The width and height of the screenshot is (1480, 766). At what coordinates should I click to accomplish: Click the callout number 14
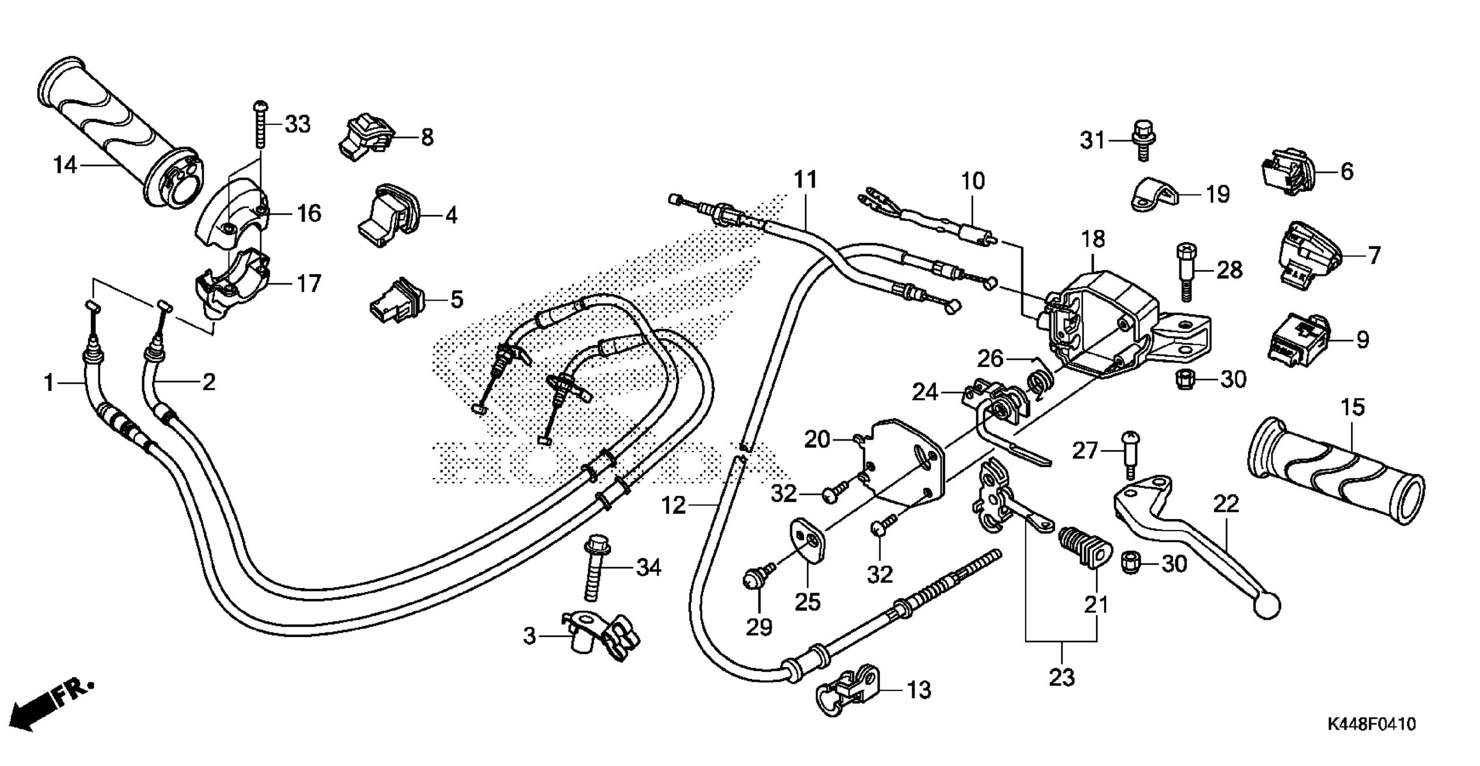[65, 166]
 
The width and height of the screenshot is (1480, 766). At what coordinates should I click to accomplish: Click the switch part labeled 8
[365, 138]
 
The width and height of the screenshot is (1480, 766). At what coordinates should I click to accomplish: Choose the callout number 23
[1062, 677]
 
